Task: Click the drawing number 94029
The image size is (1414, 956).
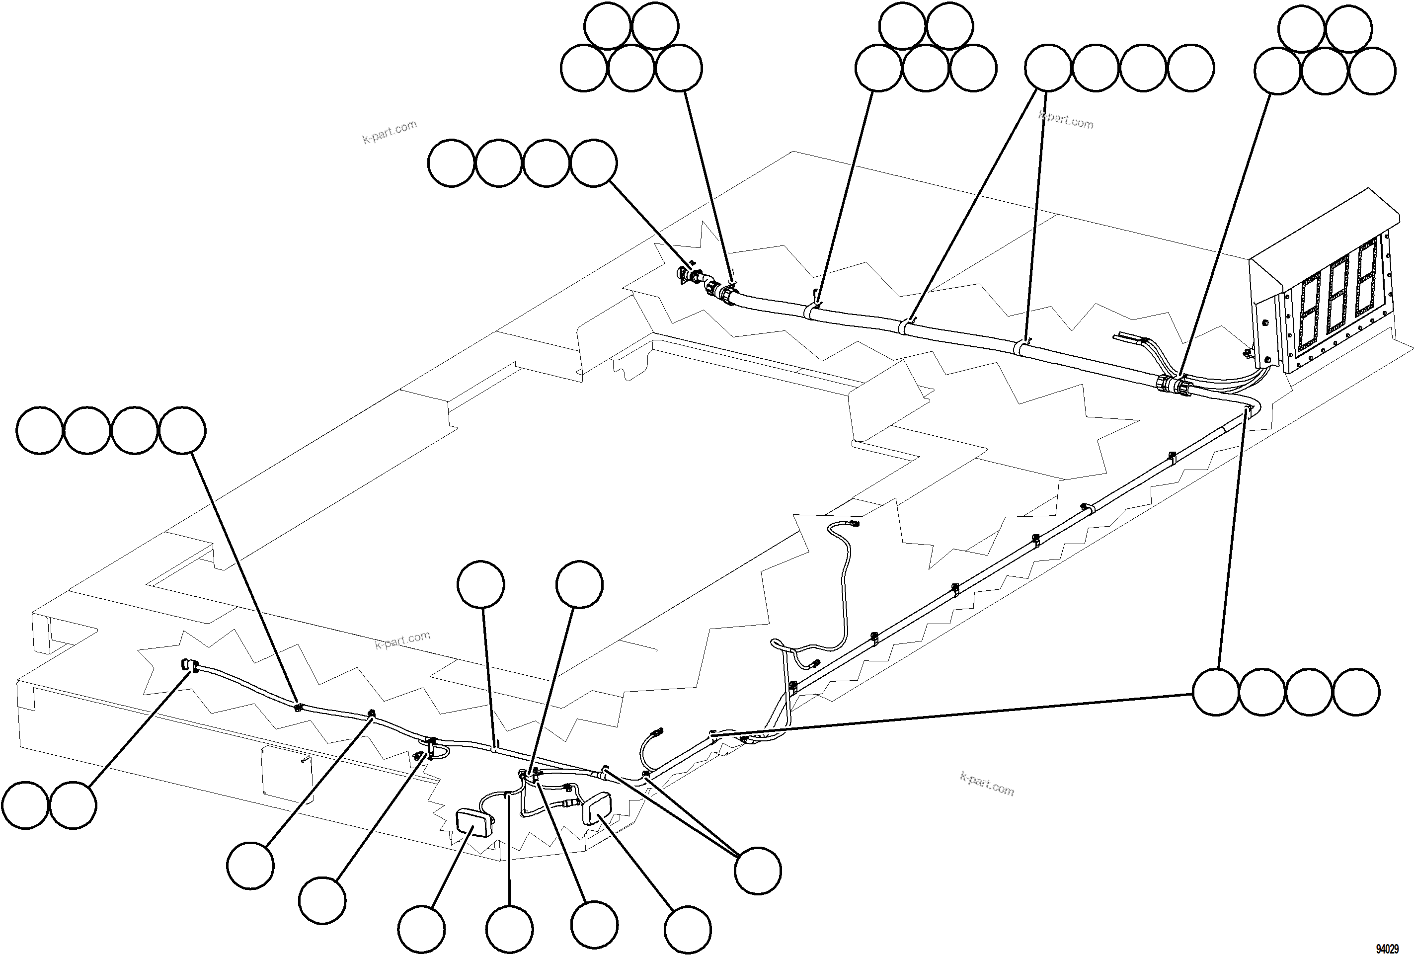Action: click(x=1387, y=949)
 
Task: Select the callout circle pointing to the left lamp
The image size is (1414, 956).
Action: click(x=422, y=930)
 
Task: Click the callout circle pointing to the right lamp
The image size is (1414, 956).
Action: click(x=688, y=930)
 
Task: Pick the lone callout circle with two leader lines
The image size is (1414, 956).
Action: click(x=758, y=870)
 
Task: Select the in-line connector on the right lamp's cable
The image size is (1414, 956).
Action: click(x=569, y=788)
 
